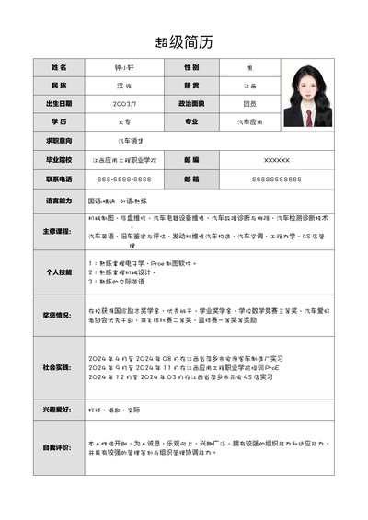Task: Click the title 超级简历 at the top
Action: pos(184,41)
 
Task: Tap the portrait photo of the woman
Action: pos(308,94)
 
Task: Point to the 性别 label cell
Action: pos(191,68)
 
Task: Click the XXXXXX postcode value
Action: pos(276,160)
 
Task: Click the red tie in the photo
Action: pos(309,117)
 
